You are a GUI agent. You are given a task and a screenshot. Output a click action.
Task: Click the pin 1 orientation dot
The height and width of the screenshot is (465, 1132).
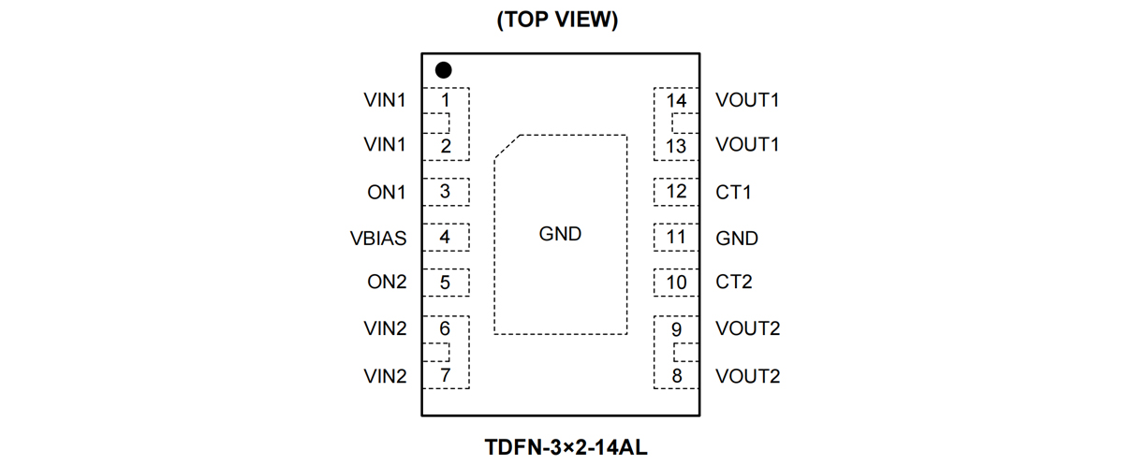click(x=443, y=70)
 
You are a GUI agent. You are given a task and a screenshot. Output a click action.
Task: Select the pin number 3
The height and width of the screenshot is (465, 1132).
click(x=445, y=192)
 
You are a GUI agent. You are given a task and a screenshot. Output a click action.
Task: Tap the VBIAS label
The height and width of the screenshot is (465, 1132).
click(x=378, y=239)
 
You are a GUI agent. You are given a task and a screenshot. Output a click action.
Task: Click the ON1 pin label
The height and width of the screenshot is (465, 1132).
click(x=387, y=193)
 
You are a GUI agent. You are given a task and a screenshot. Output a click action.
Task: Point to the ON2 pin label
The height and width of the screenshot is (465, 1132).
click(x=387, y=282)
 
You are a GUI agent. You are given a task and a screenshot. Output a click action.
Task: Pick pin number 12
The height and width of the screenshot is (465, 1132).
click(x=676, y=192)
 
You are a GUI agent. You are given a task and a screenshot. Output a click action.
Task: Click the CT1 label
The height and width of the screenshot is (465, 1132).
click(x=733, y=193)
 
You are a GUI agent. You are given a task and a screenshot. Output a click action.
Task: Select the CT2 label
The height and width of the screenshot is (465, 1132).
click(x=733, y=282)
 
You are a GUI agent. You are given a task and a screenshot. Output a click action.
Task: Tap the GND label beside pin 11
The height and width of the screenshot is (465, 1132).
click(x=737, y=239)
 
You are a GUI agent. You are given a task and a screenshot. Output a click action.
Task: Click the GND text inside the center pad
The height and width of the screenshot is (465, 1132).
click(x=560, y=234)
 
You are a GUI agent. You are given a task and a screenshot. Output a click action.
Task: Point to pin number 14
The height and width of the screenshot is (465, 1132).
click(x=676, y=100)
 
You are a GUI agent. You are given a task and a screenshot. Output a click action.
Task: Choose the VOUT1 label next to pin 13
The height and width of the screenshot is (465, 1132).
click(x=747, y=145)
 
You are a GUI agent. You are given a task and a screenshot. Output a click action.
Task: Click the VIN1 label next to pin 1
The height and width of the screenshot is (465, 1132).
click(x=385, y=100)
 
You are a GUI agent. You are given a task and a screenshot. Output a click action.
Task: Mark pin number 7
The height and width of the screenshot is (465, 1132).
click(x=445, y=376)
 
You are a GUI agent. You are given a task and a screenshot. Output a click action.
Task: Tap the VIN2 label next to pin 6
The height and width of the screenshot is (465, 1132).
click(x=385, y=328)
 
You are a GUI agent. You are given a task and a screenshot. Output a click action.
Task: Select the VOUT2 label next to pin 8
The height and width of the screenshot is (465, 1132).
click(x=747, y=376)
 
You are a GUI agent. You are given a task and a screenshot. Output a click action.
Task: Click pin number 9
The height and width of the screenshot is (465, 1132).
click(x=676, y=329)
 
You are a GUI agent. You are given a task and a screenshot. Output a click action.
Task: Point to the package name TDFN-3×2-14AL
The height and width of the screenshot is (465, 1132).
click(x=566, y=446)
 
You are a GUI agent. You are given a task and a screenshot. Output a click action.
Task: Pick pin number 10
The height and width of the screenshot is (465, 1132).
click(x=676, y=282)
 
